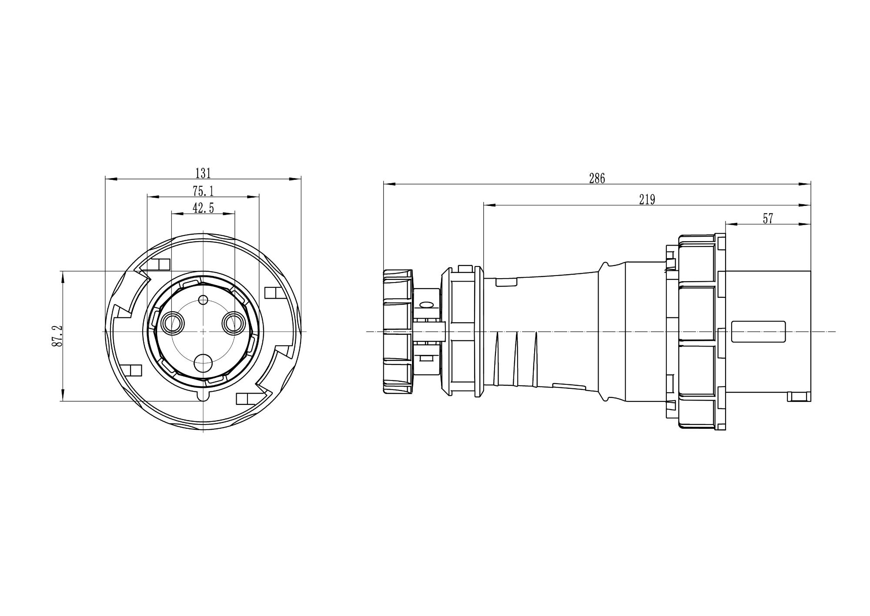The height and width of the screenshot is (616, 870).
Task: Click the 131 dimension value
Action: click(x=203, y=173)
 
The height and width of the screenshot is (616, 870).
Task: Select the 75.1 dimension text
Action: click(x=203, y=191)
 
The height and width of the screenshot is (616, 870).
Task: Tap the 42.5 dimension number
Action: click(x=203, y=208)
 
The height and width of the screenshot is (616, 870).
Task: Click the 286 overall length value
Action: click(x=597, y=178)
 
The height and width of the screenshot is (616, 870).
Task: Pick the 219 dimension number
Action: click(x=647, y=199)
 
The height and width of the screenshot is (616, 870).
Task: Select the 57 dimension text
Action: click(x=768, y=219)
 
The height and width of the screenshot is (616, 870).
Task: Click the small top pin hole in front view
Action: click(x=203, y=300)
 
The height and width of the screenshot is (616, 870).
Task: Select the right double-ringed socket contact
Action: click(x=234, y=323)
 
